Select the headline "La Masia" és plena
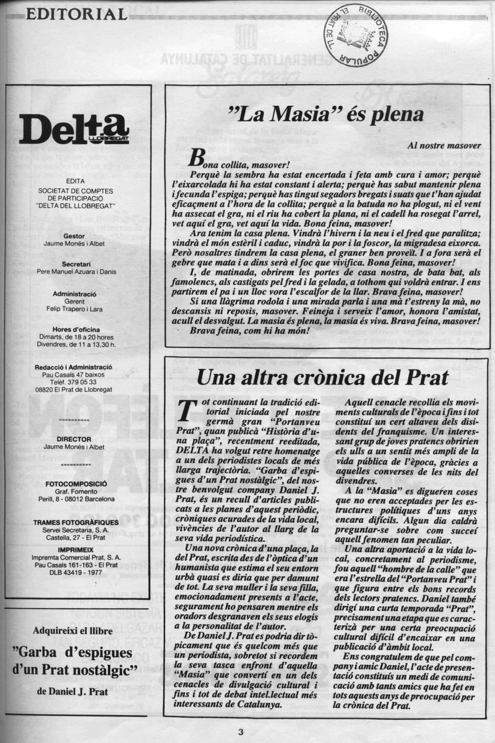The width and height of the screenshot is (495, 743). click(x=326, y=113)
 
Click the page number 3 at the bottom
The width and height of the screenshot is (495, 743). click(x=241, y=731)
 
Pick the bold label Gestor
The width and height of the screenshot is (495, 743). click(x=74, y=236)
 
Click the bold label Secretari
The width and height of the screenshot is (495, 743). click(x=74, y=264)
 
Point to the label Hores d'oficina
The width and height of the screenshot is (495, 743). click(x=76, y=330)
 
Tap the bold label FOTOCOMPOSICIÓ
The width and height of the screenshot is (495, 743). click(x=76, y=484)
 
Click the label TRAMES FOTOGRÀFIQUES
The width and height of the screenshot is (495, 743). click(x=76, y=523)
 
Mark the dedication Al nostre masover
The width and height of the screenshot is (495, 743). click(x=444, y=146)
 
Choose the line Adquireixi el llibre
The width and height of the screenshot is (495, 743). click(x=73, y=630)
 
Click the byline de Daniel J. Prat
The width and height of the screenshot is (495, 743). click(x=73, y=691)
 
